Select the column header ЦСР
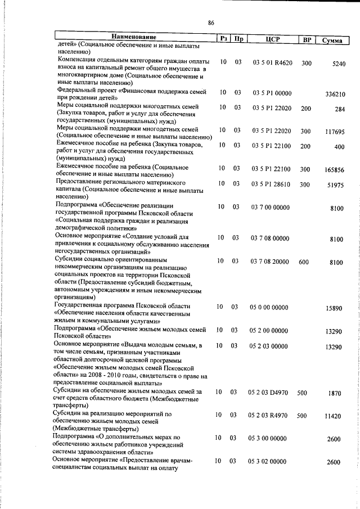[272, 39]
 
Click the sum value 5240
[339, 64]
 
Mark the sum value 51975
[336, 185]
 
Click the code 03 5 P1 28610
[272, 184]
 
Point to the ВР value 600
[304, 262]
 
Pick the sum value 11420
[334, 417]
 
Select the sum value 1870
[335, 394]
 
